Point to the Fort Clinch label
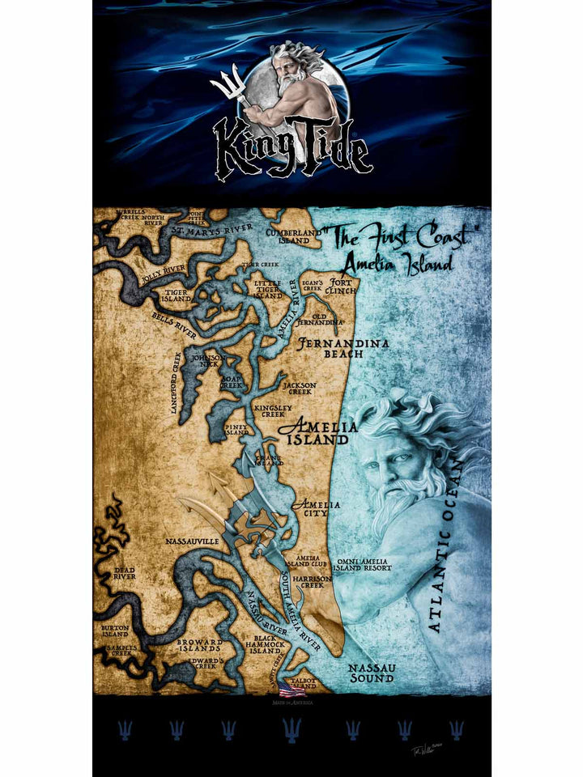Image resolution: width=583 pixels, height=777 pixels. [339, 286]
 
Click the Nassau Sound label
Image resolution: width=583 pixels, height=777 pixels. [371, 673]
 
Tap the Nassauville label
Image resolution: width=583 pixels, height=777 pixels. [192, 540]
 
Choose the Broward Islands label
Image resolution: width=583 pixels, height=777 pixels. [200, 645]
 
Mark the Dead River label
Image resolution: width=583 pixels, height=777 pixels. [125, 573]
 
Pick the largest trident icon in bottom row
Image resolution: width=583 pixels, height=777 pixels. [291, 729]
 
